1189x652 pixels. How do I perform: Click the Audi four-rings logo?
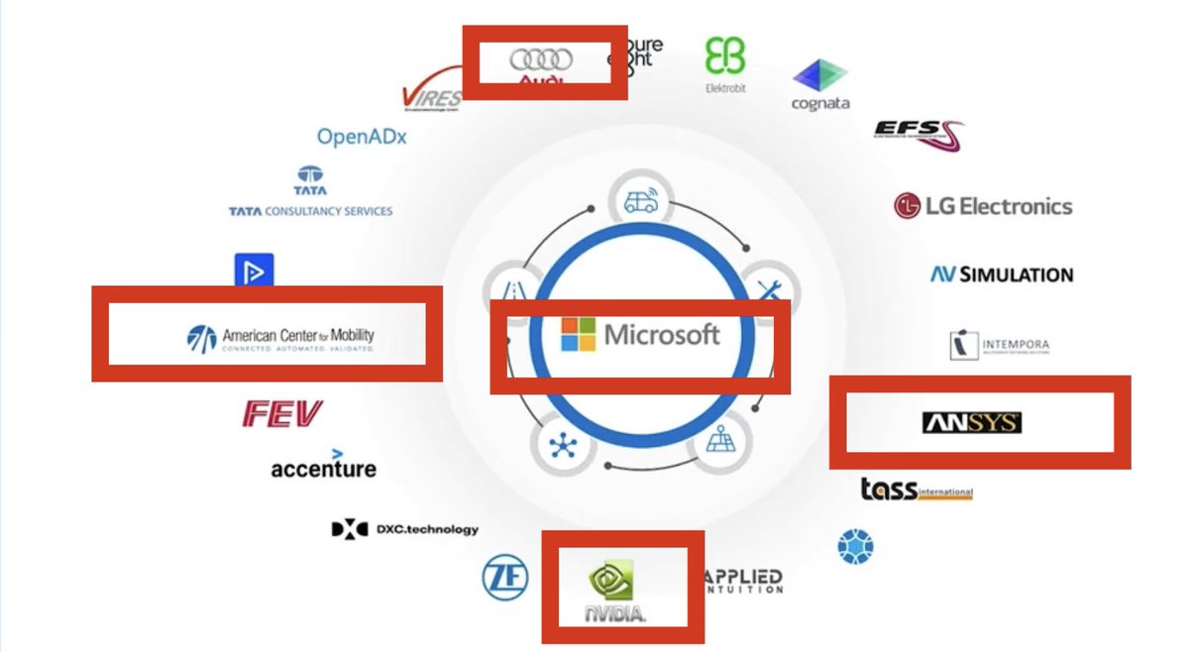541,60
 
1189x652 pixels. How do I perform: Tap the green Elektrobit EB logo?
725,57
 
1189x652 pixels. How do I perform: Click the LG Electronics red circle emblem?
907,206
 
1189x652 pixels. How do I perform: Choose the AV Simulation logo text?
1001,274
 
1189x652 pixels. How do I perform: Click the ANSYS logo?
971,423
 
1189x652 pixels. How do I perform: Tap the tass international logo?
916,489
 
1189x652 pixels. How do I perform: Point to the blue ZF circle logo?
505,577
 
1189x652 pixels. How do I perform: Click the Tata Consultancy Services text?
310,211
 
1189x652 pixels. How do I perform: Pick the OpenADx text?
362,137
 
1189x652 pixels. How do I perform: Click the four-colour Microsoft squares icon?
579,335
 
